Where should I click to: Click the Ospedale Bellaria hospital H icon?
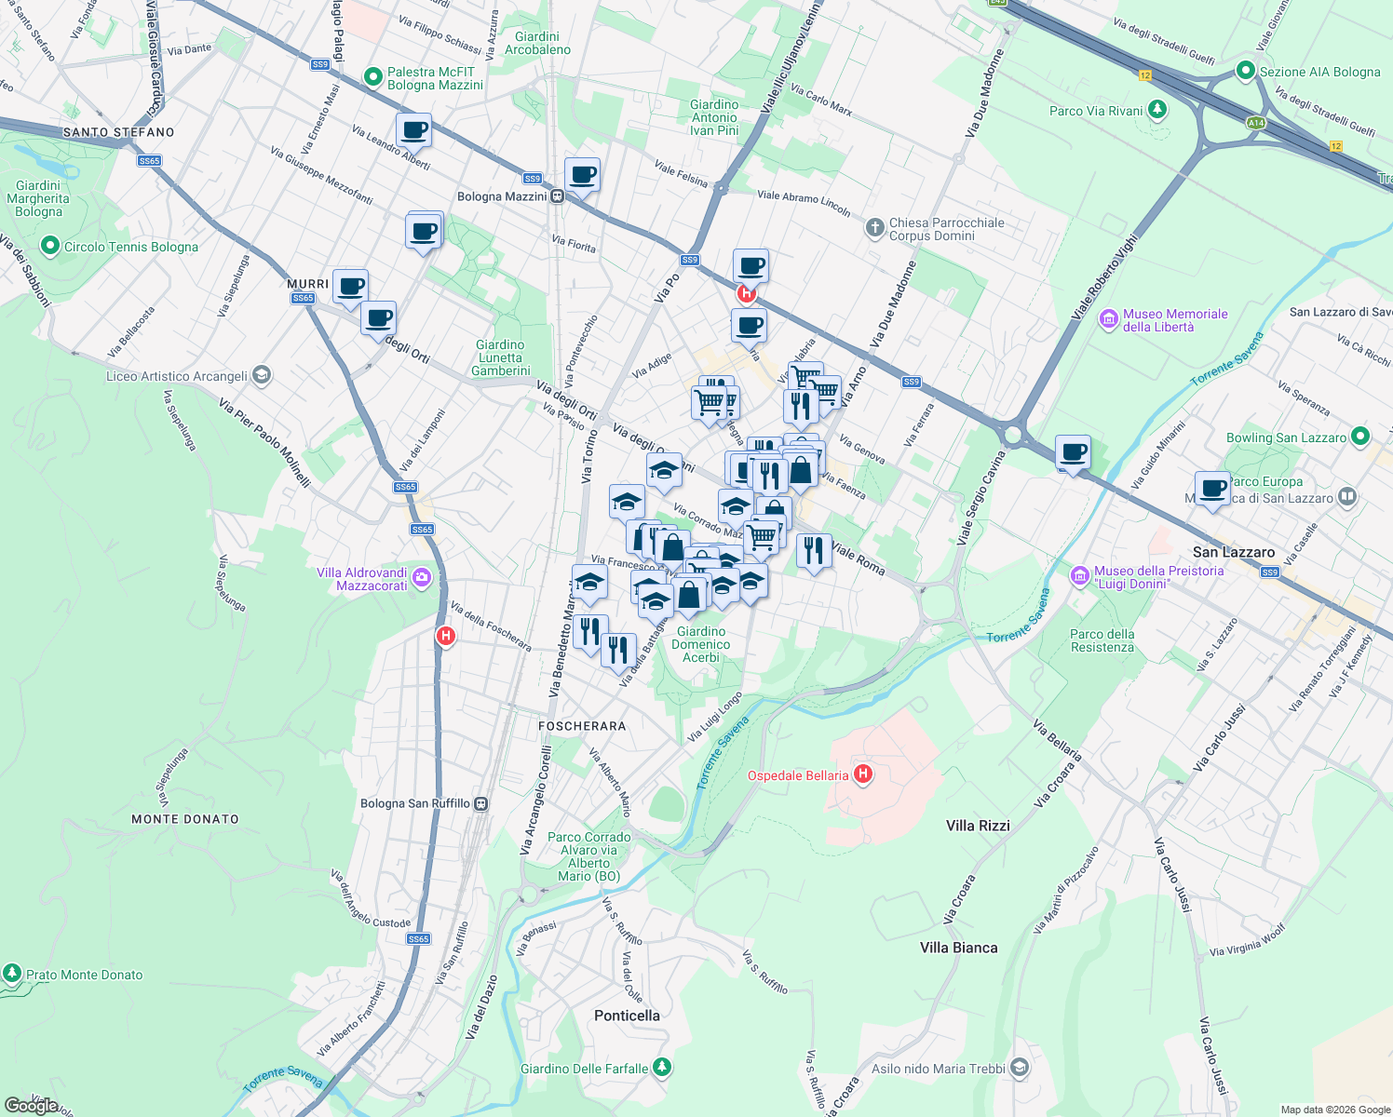863,774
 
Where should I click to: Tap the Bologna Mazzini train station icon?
557,196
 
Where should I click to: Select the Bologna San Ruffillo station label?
415,803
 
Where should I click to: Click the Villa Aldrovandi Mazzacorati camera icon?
422,578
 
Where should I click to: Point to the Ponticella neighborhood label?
627,1016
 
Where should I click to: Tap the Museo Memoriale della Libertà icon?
1108,320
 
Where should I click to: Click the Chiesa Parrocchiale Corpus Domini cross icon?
874,228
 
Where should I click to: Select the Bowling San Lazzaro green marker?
1360,437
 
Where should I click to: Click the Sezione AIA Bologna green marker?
1246,71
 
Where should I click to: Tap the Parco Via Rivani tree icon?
1157,110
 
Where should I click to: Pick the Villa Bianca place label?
958,948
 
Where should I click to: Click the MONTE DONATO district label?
185,819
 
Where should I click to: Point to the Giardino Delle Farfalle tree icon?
661,1068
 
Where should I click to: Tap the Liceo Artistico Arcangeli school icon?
262,376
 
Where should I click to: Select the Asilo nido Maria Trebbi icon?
1020,1068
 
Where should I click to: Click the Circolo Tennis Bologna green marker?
49,247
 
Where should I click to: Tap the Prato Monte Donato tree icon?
12,974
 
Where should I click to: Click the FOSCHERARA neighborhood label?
582,726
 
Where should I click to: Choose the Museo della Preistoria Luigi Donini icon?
1080,577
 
